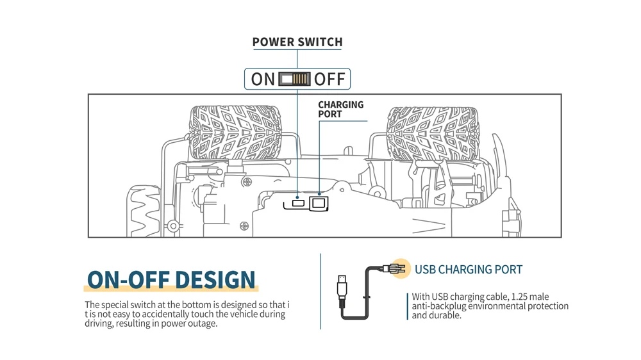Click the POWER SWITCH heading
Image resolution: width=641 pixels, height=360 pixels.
(297, 42)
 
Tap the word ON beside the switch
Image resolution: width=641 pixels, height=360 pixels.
(263, 79)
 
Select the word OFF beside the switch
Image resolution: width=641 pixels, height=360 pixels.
(330, 79)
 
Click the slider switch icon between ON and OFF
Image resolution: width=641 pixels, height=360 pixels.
(295, 79)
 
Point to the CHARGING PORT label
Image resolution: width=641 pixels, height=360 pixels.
(340, 109)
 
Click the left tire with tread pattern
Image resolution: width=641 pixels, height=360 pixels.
(235, 133)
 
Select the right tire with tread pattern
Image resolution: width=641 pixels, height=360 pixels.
(432, 133)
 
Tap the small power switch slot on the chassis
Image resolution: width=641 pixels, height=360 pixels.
(298, 204)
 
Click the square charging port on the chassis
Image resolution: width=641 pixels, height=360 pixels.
(319, 204)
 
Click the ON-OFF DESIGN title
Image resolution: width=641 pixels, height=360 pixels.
(171, 280)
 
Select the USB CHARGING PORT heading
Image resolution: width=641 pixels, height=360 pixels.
(469, 270)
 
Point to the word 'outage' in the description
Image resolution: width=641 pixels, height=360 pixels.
(202, 323)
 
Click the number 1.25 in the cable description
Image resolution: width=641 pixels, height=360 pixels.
(515, 297)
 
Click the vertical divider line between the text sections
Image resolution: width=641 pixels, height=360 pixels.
(320, 291)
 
